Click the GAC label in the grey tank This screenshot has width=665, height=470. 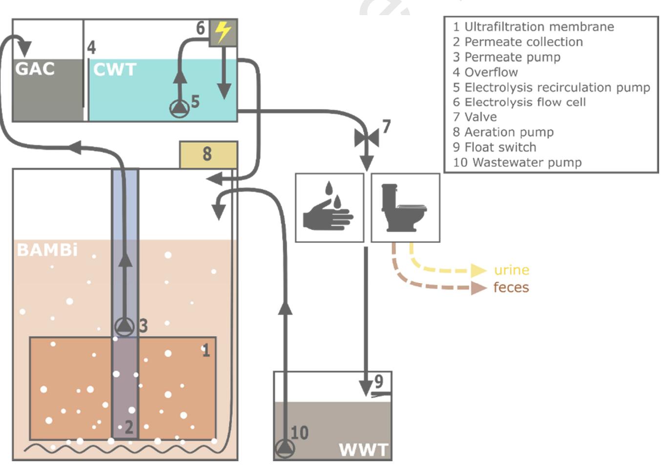click(35, 69)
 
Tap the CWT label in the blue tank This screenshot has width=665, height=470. click(115, 69)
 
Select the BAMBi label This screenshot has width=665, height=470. click(47, 250)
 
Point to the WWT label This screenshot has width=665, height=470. click(363, 450)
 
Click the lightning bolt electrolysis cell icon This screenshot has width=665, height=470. click(223, 33)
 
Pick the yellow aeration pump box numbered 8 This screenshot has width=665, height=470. click(208, 154)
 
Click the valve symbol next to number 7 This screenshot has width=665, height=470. click(367, 139)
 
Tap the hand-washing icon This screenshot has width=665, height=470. click(329, 207)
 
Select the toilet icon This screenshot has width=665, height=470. click(405, 207)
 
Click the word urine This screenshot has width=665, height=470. click(511, 270)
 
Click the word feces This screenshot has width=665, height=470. click(511, 287)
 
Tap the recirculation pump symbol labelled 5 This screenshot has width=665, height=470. click(180, 108)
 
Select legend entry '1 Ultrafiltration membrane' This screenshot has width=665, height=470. click(533, 27)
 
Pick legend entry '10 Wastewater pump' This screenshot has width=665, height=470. click(517, 163)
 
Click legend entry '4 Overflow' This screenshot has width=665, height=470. click(485, 72)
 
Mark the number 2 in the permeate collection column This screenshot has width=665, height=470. click(128, 427)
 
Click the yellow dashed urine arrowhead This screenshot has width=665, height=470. click(478, 270)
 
